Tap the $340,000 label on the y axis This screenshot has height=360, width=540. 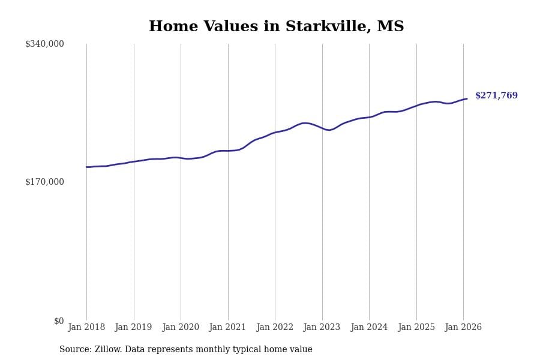[44, 44]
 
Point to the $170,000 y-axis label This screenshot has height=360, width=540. [44, 182]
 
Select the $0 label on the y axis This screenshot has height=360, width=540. [59, 321]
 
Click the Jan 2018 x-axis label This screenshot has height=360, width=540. [86, 328]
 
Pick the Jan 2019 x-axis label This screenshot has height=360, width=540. [133, 328]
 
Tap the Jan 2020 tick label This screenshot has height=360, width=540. [181, 328]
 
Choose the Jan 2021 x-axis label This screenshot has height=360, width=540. [227, 328]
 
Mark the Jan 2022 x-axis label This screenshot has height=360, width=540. [275, 328]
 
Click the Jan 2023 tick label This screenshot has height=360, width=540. [322, 328]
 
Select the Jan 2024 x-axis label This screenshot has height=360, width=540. [369, 328]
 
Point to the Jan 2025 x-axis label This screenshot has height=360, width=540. [416, 328]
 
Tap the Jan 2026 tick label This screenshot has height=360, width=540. [463, 328]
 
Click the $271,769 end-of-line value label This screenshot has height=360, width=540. [496, 96]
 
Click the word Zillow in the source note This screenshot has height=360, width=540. [108, 350]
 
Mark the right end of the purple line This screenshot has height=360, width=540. [467, 99]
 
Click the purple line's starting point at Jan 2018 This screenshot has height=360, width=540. [86, 167]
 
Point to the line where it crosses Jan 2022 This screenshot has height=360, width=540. [275, 133]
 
